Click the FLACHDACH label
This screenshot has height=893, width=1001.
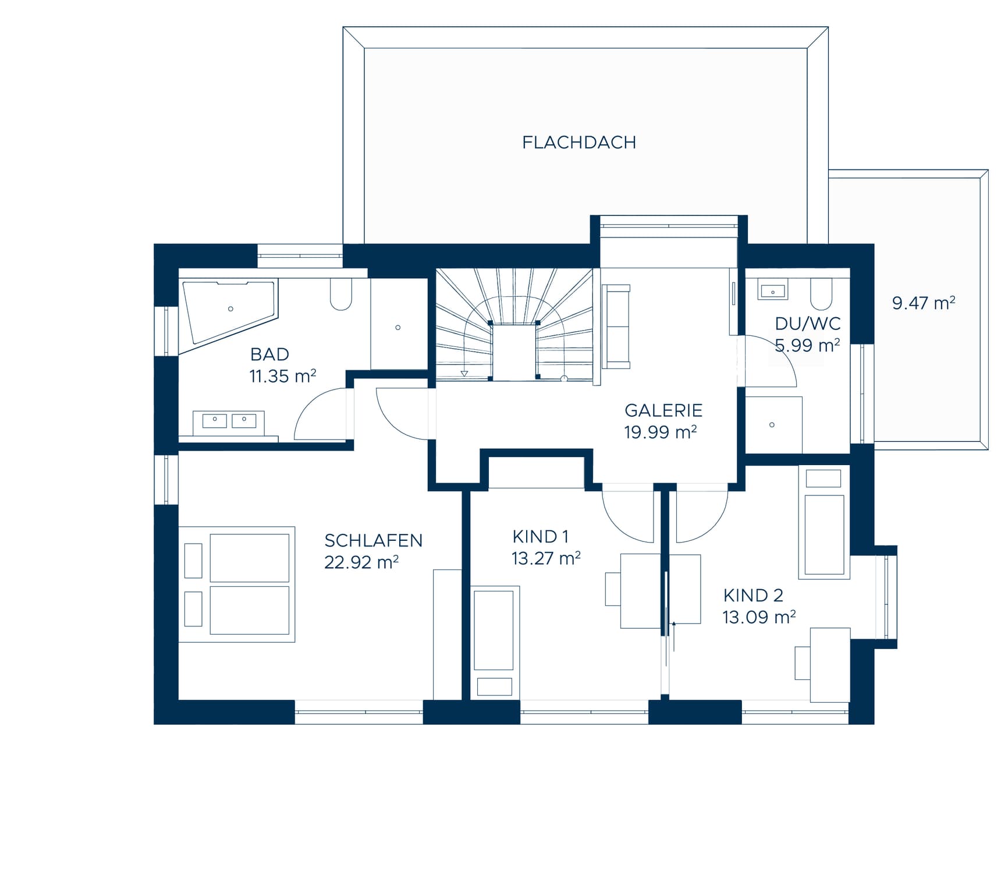578,143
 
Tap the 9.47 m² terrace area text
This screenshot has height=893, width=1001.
924,303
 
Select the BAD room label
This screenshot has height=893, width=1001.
269,354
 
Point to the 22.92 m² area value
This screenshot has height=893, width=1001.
361,562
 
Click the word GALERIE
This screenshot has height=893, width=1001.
663,410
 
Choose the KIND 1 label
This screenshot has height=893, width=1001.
540,536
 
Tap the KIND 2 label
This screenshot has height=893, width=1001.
753,596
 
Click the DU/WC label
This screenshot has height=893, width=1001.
808,324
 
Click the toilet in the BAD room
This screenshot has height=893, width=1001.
341,293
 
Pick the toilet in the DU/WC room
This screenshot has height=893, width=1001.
821,293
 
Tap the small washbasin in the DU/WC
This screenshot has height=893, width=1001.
773,290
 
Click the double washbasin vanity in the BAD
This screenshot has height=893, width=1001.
229,423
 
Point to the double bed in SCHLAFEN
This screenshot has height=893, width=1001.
236,584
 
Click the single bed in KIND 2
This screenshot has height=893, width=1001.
824,523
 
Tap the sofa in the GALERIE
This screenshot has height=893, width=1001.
616,327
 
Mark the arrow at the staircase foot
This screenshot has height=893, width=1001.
464,373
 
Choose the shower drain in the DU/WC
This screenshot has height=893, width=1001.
772,425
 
